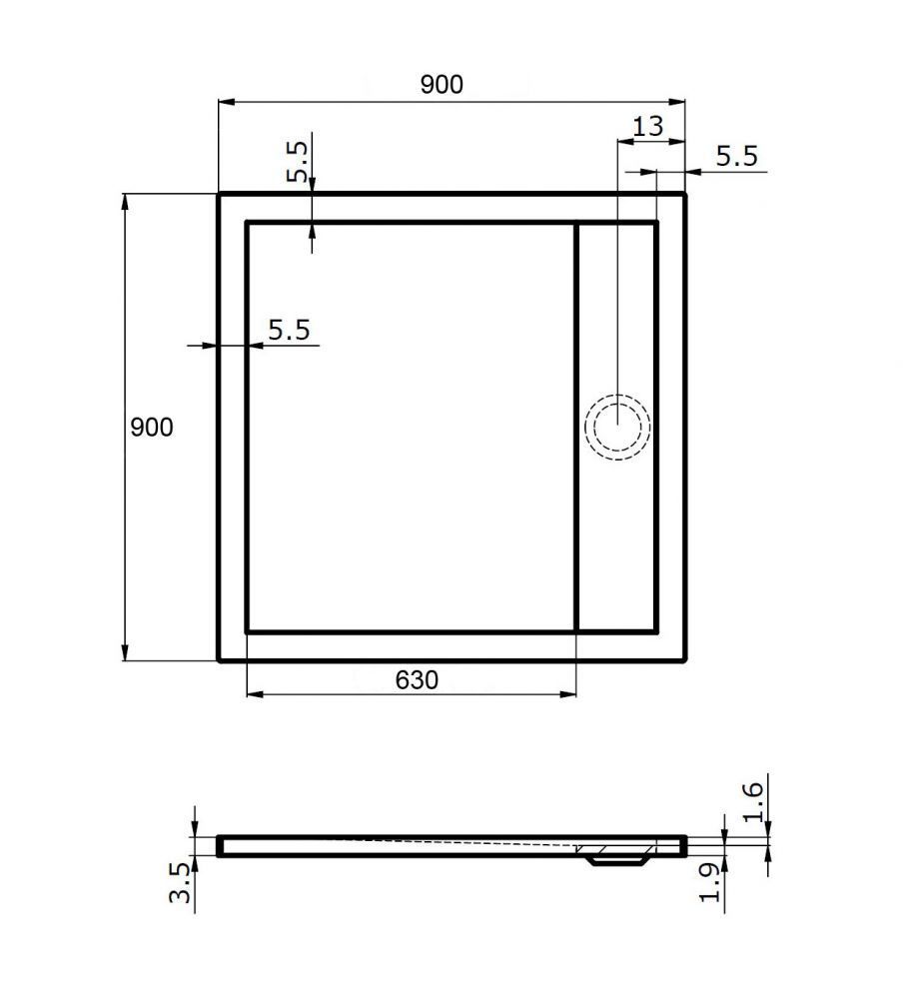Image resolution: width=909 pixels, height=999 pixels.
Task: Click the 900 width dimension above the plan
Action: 442,84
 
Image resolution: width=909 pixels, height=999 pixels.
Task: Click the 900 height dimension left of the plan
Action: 152,427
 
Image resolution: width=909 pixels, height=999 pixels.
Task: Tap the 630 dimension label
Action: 417,679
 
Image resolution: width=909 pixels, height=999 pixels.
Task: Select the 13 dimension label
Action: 648,126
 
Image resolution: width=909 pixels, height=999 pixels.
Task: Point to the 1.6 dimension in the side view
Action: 752,802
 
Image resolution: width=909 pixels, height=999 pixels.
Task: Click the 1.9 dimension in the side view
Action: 710,883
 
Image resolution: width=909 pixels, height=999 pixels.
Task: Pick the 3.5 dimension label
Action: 180,883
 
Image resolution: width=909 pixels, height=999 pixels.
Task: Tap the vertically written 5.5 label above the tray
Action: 297,162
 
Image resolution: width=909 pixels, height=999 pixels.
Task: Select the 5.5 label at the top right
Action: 737,157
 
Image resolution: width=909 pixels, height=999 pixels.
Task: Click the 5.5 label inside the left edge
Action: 289,330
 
